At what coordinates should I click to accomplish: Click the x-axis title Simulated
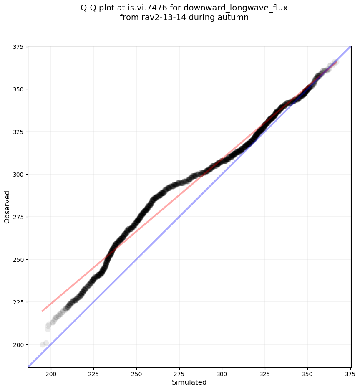pos(189,382)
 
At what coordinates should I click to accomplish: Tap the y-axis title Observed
pos(7,207)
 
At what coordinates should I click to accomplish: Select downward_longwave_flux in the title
pos(246,8)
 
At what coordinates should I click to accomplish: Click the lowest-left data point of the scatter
pos(43,344)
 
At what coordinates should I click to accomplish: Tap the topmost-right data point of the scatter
pos(336,63)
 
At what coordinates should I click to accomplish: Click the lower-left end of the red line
pos(42,311)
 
